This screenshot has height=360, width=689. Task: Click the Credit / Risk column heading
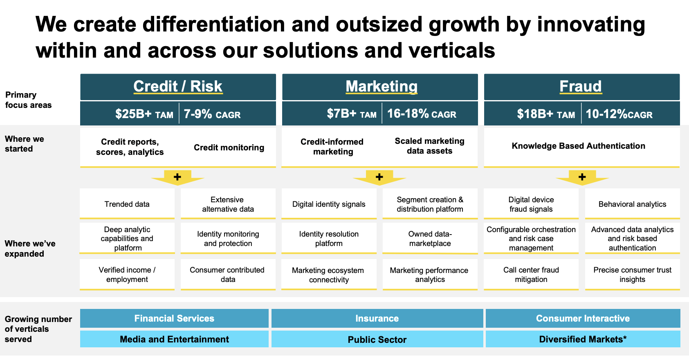click(x=178, y=86)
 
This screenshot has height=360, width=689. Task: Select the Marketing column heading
click(x=381, y=86)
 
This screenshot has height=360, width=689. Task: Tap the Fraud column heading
click(x=580, y=86)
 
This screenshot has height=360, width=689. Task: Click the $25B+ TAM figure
click(x=144, y=114)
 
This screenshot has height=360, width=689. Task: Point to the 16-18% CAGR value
click(x=421, y=114)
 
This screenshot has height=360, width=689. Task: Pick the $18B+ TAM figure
click(x=545, y=114)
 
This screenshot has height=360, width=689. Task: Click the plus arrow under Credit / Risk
click(x=177, y=177)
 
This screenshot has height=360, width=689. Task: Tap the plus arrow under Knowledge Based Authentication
click(x=582, y=177)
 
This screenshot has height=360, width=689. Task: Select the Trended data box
click(x=127, y=204)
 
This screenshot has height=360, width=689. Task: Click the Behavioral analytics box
click(x=632, y=204)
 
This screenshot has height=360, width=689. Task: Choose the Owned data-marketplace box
click(x=430, y=239)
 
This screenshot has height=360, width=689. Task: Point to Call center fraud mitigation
click(x=531, y=275)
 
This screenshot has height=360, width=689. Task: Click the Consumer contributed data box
click(x=227, y=275)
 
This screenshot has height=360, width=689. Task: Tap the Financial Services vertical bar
click(x=174, y=318)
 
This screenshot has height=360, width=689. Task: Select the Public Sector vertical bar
click(x=377, y=339)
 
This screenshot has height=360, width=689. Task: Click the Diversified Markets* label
click(x=583, y=339)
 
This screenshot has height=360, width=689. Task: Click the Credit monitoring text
click(x=229, y=148)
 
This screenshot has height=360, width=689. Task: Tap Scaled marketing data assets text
click(x=429, y=146)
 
